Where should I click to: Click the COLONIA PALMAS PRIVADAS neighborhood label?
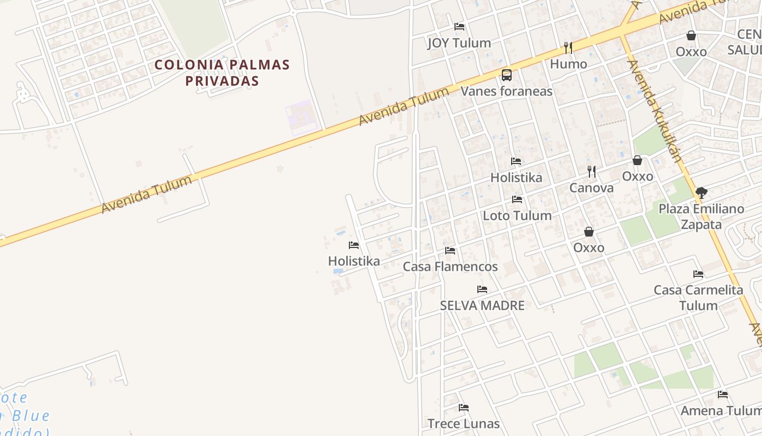[222, 72]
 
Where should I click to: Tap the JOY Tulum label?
[459, 43]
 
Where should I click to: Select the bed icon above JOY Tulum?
[459, 26]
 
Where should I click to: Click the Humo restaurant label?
[568, 64]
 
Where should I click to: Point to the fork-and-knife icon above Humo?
[568, 47]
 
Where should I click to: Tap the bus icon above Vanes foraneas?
[507, 75]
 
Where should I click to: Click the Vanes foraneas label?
[507, 91]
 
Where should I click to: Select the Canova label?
[591, 188]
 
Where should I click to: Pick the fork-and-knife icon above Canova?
[592, 172]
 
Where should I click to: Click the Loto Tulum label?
[517, 215]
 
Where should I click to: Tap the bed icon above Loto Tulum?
[517, 199]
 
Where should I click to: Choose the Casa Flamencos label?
[450, 267]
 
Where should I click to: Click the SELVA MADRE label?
[482, 306]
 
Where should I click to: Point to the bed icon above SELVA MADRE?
[482, 289]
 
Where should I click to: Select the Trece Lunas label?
[463, 423]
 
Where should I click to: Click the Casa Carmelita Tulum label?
[698, 298]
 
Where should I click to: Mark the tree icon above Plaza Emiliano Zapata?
[702, 192]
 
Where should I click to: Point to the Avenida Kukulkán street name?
[654, 111]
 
